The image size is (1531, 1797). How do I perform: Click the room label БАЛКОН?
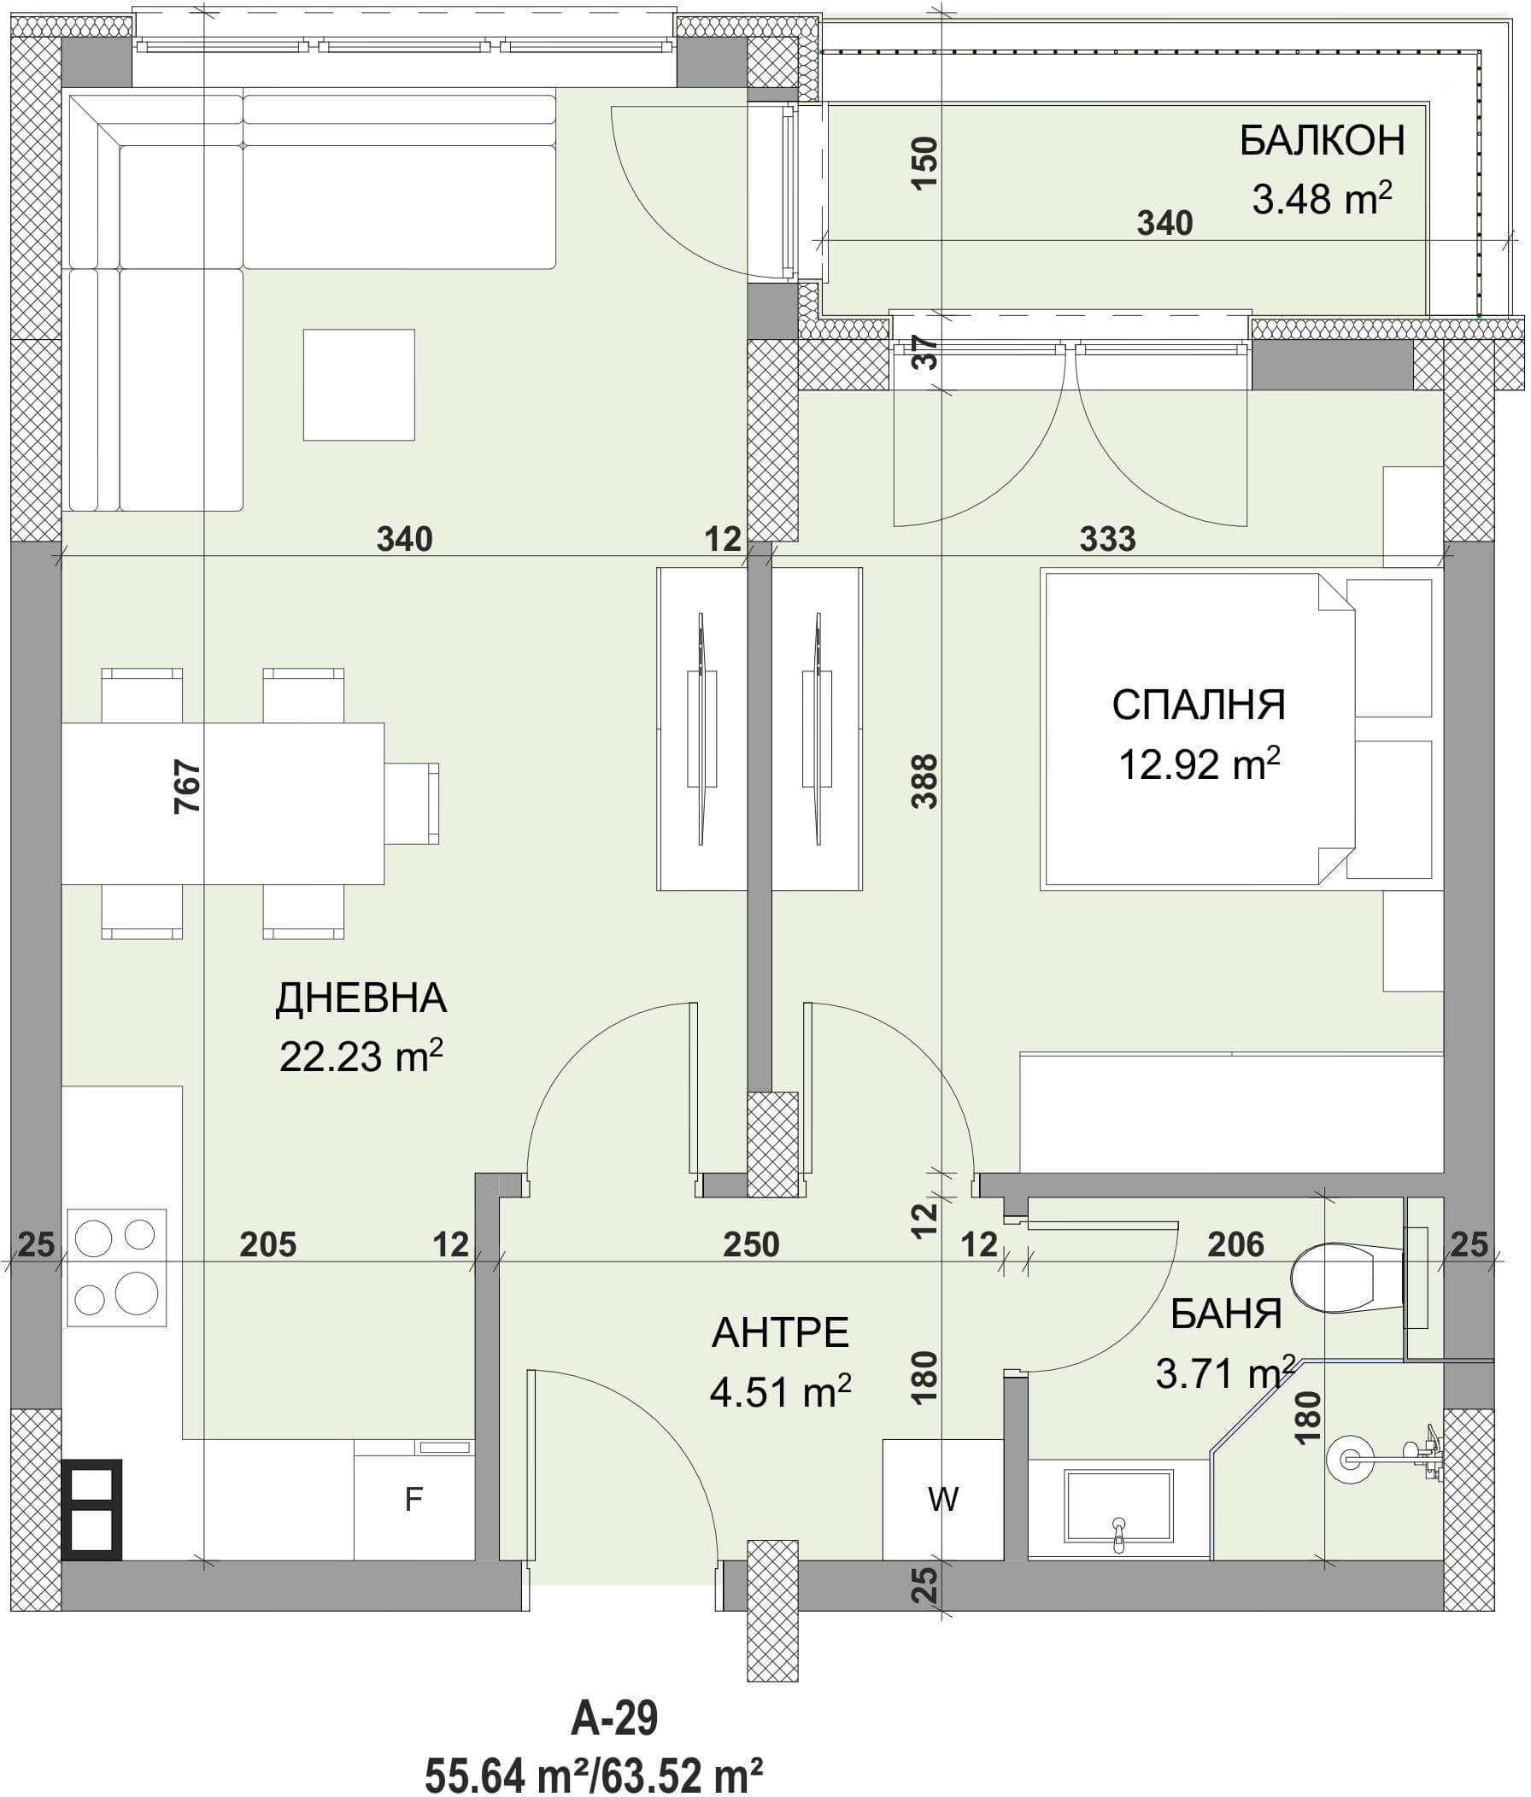coord(1321,141)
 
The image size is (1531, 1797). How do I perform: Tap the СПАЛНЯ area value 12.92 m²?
coord(1200,765)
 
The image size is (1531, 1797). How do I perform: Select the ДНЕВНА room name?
coord(361,998)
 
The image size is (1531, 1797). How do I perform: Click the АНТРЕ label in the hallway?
coord(780,1333)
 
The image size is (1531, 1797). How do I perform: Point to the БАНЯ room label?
coord(1226,1314)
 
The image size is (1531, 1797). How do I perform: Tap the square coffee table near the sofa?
coord(358,384)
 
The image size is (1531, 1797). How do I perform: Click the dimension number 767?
coord(188,786)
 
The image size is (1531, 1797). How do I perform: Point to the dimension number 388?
coord(925,781)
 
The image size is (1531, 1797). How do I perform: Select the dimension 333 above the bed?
coord(1108,540)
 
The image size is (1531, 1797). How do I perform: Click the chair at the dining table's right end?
coord(412,803)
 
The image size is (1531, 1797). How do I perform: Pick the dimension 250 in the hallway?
coord(751,1245)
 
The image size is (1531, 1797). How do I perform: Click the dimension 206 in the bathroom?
coord(1236,1245)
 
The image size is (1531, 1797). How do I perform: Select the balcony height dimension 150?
coord(924,165)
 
